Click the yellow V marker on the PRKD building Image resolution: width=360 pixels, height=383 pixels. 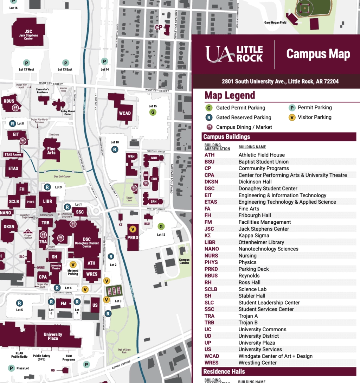[133, 229]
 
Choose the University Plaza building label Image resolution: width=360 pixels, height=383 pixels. [53, 337]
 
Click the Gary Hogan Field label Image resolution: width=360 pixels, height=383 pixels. [275, 23]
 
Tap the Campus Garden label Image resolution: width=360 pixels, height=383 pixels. [184, 261]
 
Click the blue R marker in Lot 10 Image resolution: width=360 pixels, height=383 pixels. [115, 149]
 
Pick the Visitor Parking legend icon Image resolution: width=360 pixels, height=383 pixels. [292, 117]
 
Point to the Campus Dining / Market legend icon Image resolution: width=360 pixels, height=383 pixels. [209, 127]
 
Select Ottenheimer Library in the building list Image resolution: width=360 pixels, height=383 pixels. [261, 242]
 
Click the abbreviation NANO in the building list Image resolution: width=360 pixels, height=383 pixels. [212, 249]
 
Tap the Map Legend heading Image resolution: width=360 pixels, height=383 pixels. [230, 96]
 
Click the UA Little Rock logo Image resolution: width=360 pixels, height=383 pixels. [234, 54]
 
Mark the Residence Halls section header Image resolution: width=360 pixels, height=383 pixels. [224, 371]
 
